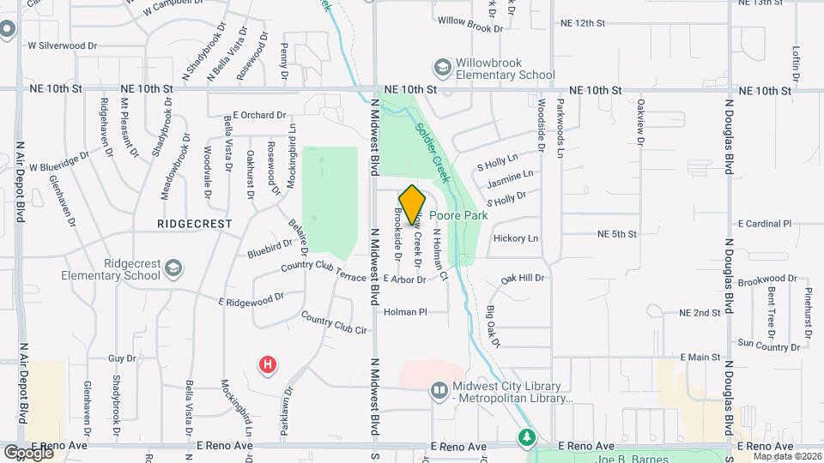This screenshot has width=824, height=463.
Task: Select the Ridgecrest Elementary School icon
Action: click(x=174, y=269)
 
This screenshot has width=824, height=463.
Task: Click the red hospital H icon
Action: click(x=268, y=365)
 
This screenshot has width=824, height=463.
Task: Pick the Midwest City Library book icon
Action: click(x=439, y=391)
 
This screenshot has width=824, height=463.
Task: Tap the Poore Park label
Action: click(x=458, y=215)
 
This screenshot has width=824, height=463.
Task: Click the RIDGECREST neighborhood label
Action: click(x=195, y=223)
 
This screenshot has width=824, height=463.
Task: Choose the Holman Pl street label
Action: click(x=405, y=312)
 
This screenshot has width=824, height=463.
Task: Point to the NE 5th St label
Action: click(x=617, y=233)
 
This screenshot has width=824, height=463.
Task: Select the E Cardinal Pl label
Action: click(x=764, y=224)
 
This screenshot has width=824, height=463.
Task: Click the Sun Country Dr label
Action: click(x=768, y=346)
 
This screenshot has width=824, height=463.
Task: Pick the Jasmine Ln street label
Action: click(x=511, y=179)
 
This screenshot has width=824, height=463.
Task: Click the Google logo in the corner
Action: click(x=27, y=452)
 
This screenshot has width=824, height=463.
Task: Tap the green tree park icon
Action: click(x=525, y=438)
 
